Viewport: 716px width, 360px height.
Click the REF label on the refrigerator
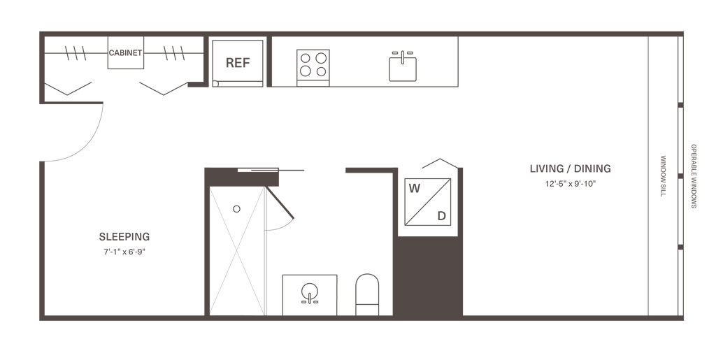coord(238,62)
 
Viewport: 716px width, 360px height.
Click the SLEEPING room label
coord(124,236)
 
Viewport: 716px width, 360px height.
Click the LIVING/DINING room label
coord(571,168)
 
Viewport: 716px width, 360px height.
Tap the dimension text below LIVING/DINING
coord(571,184)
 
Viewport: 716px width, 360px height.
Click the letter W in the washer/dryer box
coord(415,188)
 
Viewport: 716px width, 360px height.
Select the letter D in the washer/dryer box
coord(442,215)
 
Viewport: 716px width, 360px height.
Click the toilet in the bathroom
coord(367,291)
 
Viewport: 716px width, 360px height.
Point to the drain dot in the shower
coord(236,208)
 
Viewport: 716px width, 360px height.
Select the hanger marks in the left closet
coord(76,52)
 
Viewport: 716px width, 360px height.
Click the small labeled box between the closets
coord(126,54)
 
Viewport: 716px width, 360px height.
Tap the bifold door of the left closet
coord(69,89)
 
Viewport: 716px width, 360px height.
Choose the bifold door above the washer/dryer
coord(441,165)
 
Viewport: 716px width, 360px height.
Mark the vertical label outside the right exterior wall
coord(694,175)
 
